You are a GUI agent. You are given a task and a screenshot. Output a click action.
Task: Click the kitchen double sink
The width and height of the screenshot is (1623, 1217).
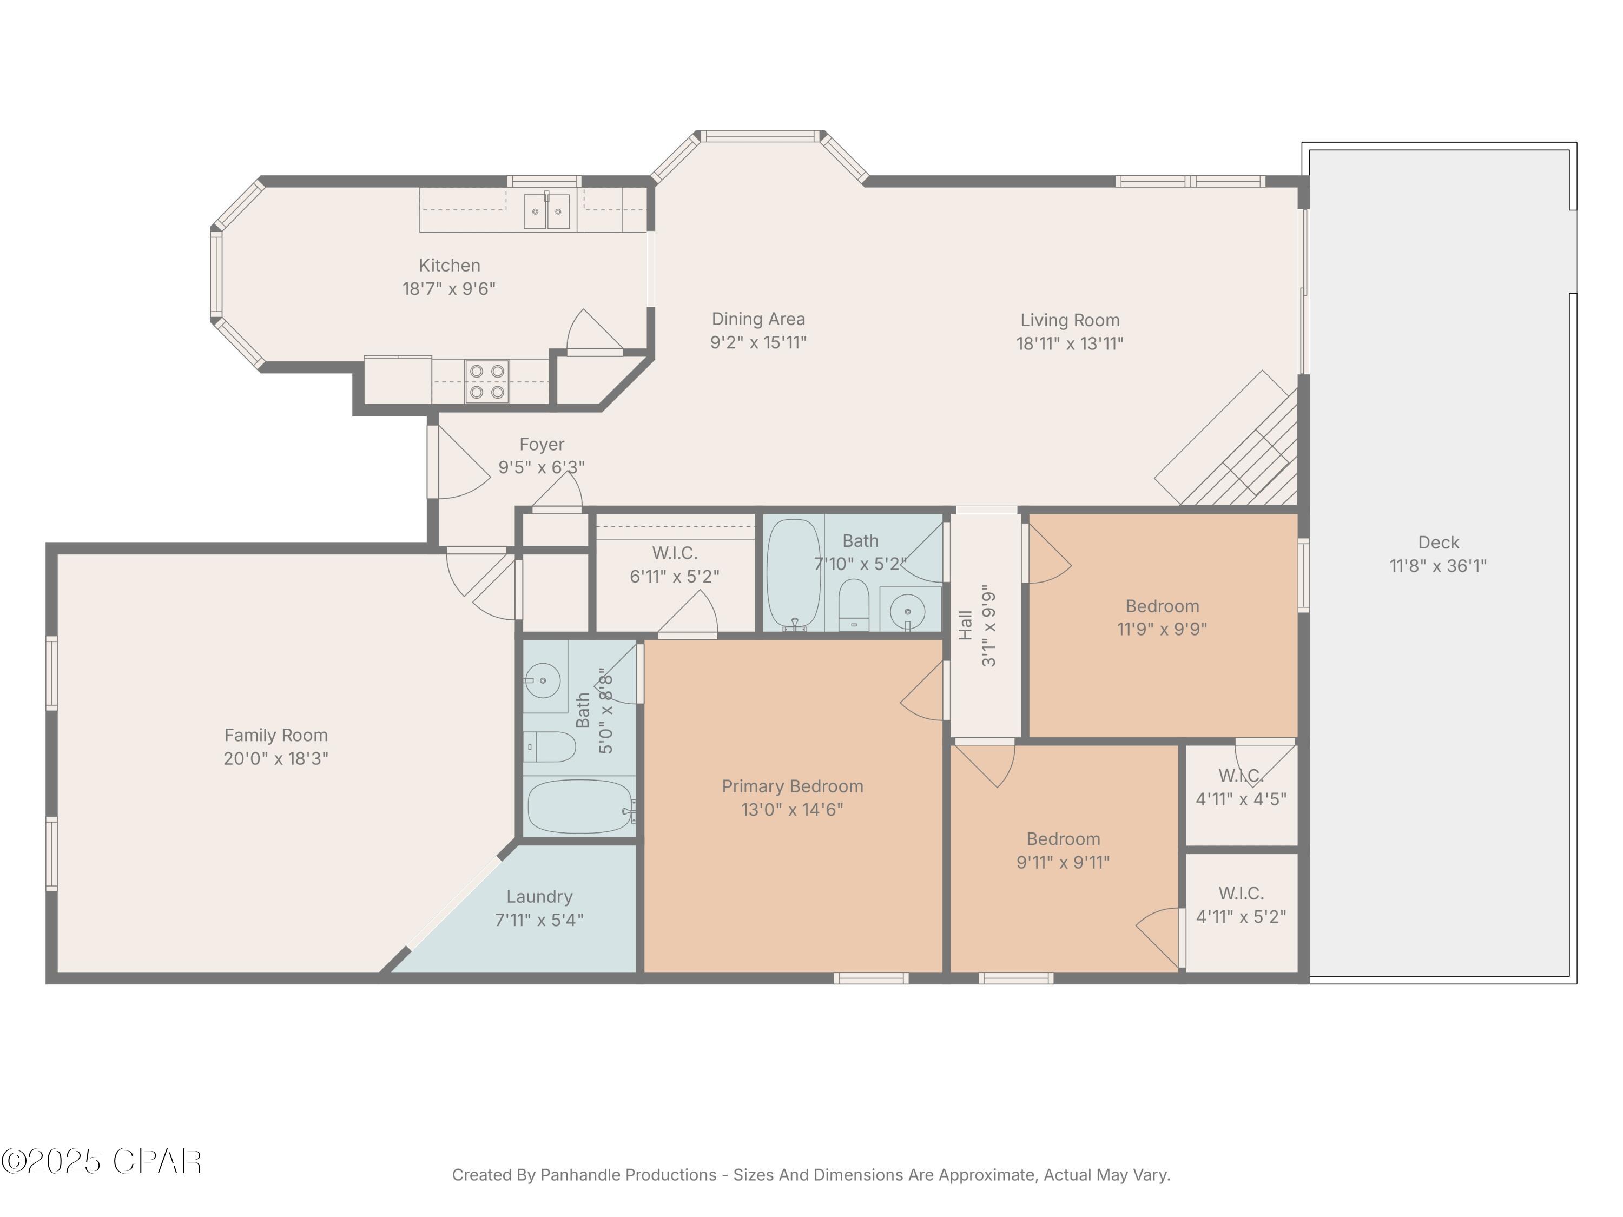tap(546, 211)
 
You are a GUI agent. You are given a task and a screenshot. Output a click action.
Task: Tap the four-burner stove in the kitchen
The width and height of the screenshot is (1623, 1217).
tap(487, 381)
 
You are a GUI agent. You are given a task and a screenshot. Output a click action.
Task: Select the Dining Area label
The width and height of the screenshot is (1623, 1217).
tap(758, 319)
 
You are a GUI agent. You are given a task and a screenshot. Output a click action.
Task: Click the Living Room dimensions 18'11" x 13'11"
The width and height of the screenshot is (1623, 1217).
tap(1070, 343)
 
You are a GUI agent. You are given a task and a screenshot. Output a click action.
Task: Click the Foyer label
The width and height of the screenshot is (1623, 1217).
tap(542, 445)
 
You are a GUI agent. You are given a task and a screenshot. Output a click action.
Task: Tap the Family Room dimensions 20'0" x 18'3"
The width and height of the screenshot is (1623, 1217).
tap(276, 758)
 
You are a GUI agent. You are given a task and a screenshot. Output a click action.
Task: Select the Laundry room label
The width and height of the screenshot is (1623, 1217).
tap(539, 896)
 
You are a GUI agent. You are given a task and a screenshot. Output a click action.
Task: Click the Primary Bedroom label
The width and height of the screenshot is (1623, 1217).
tap(793, 786)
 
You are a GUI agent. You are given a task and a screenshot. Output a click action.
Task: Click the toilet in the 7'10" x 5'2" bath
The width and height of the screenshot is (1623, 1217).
tap(853, 605)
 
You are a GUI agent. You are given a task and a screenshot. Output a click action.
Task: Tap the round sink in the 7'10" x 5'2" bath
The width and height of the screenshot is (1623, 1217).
tap(908, 610)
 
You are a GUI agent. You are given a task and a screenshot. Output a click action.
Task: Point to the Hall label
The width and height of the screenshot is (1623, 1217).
tap(966, 625)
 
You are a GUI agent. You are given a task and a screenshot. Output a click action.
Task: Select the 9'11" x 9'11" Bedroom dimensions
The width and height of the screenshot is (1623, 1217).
tap(1063, 862)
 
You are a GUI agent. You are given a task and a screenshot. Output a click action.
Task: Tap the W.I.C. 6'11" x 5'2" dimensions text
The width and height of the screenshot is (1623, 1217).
tap(674, 577)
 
